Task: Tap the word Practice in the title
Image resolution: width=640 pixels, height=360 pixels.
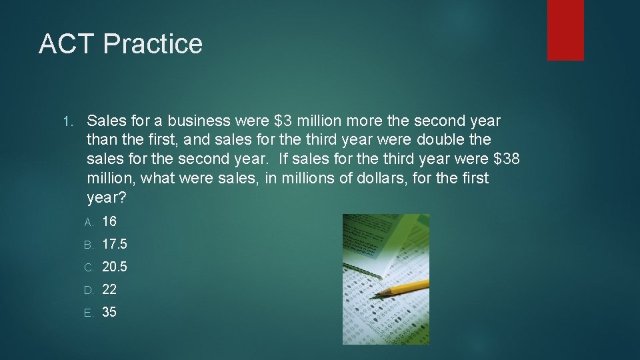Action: [153, 44]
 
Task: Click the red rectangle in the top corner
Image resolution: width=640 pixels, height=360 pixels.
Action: [565, 30]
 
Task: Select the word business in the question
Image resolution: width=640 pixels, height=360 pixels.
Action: [199, 121]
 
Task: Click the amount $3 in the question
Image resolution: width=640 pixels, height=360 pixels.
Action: [283, 121]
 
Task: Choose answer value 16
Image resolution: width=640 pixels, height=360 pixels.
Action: [109, 221]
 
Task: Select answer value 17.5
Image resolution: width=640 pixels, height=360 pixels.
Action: [114, 244]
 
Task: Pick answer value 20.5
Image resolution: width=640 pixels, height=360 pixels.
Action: [114, 267]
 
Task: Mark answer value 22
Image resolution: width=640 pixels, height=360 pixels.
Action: [109, 289]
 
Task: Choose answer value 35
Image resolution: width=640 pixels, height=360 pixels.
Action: [109, 312]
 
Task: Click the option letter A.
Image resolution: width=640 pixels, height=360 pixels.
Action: [89, 222]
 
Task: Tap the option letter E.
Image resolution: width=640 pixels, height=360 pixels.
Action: [89, 313]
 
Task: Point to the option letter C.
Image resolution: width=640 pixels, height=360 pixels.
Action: [89, 267]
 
